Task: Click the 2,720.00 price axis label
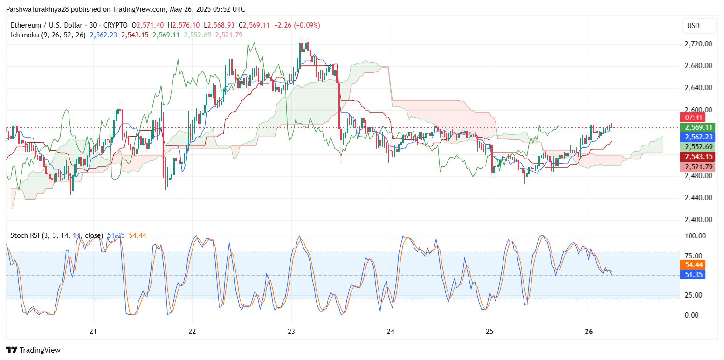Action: (x=698, y=44)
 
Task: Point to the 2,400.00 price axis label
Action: (x=698, y=219)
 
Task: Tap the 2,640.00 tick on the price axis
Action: (x=698, y=88)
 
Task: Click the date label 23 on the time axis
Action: (x=291, y=332)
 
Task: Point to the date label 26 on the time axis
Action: (x=588, y=332)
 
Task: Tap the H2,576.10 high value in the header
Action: (x=185, y=25)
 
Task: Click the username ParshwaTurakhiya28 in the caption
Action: (x=36, y=9)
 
